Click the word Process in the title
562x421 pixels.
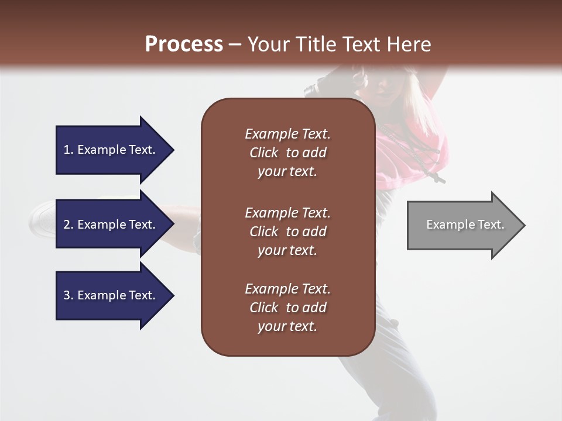[184, 44]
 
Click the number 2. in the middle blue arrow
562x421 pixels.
[68, 225]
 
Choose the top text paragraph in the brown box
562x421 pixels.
[287, 153]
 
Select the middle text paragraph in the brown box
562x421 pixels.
[287, 232]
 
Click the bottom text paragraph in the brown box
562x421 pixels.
[287, 308]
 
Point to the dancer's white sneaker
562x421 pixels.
[42, 216]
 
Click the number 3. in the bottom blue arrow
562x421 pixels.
[68, 295]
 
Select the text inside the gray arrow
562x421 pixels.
[465, 225]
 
